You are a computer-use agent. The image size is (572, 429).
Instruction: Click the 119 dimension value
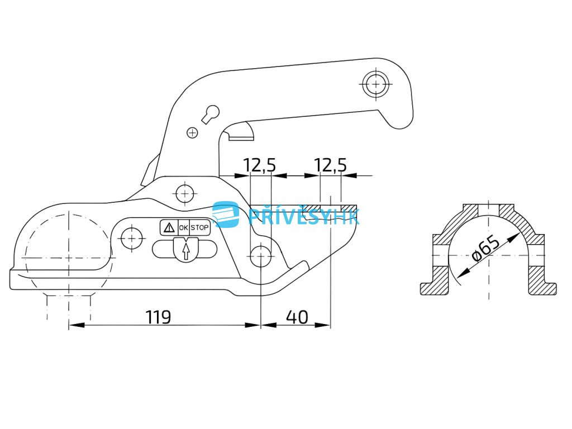tap(158, 317)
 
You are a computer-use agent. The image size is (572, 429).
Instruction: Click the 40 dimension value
tap(297, 317)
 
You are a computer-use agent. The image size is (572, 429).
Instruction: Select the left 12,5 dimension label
tap(259, 165)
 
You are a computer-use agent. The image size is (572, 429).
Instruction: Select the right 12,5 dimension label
tap(330, 165)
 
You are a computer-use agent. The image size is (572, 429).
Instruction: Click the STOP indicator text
tap(199, 228)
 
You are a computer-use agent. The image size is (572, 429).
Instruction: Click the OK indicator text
tap(183, 228)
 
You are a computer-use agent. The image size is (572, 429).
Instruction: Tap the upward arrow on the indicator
tap(185, 250)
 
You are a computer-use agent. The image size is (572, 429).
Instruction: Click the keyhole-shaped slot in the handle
tap(209, 113)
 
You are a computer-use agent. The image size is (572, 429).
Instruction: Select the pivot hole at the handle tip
tap(376, 84)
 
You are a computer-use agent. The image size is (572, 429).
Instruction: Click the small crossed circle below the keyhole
tap(192, 132)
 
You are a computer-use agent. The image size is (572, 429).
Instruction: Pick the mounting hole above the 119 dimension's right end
tap(261, 257)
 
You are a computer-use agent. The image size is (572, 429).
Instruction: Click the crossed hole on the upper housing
tap(184, 194)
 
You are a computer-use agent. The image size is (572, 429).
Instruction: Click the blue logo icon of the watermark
tap(226, 214)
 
